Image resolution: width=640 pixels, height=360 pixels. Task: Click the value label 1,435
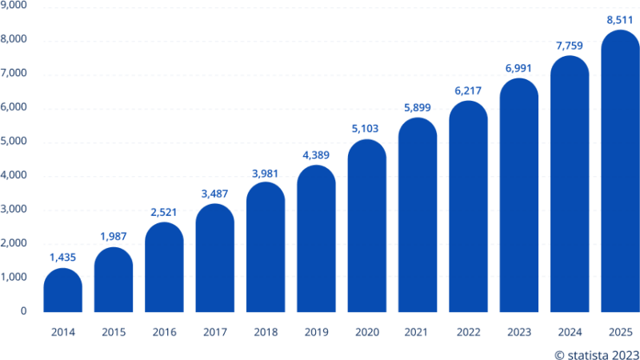pos(62,258)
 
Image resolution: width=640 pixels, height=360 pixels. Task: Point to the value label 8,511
pos(620,20)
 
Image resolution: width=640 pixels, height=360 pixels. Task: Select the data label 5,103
pos(366,128)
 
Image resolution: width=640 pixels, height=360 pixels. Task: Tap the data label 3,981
pos(266,172)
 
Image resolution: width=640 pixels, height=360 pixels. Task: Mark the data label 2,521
pos(164,212)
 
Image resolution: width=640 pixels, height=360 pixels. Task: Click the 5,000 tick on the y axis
pos(15,142)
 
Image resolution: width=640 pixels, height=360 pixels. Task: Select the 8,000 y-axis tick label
pos(15,39)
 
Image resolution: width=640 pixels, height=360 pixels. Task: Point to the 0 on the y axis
pos(25,311)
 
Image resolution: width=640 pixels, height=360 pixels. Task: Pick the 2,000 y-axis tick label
pos(15,243)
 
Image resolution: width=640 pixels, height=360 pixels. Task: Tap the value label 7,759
pos(569,46)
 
